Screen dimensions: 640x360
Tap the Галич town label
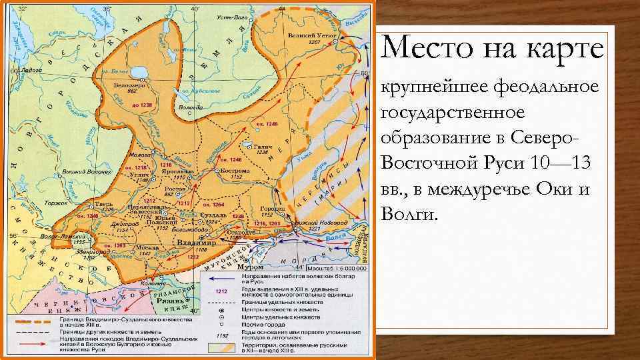(261, 146)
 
